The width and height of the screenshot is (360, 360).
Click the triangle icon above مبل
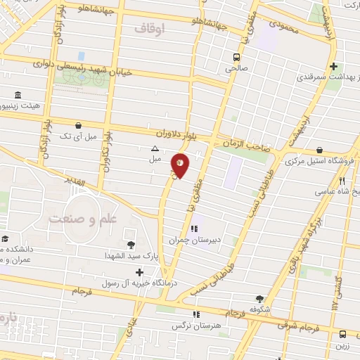(x=154, y=148)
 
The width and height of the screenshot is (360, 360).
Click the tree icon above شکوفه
(x=259, y=298)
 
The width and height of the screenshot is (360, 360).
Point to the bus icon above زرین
(x=342, y=335)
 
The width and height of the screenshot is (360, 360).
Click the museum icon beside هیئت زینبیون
(x=17, y=96)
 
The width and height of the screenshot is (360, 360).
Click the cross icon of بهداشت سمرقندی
(x=332, y=65)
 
